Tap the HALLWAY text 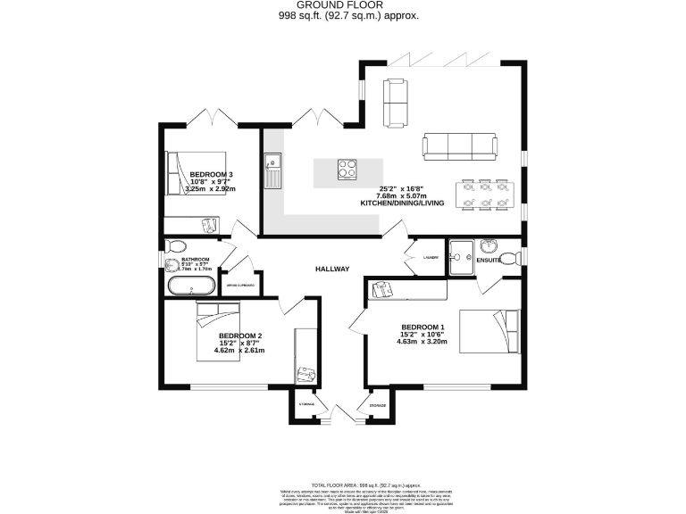(331, 269)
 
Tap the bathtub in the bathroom (190, 286)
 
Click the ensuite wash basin (489, 245)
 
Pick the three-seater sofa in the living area (459, 147)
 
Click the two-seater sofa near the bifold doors (395, 103)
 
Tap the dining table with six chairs (483, 195)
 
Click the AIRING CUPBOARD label (240, 286)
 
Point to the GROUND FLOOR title (342, 5)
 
